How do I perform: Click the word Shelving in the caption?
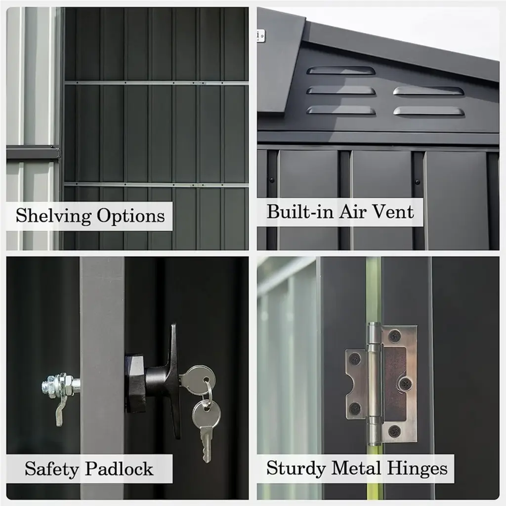click(53, 216)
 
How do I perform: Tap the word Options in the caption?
click(130, 216)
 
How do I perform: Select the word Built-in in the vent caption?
click(300, 211)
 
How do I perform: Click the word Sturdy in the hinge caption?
click(296, 468)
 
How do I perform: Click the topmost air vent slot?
click(341, 70)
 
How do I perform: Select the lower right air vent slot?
click(429, 111)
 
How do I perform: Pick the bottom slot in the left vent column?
click(341, 111)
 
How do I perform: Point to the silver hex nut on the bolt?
click(61, 384)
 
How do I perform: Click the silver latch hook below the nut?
click(60, 412)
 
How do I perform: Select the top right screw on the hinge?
click(394, 336)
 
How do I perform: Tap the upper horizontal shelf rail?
click(156, 83)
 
